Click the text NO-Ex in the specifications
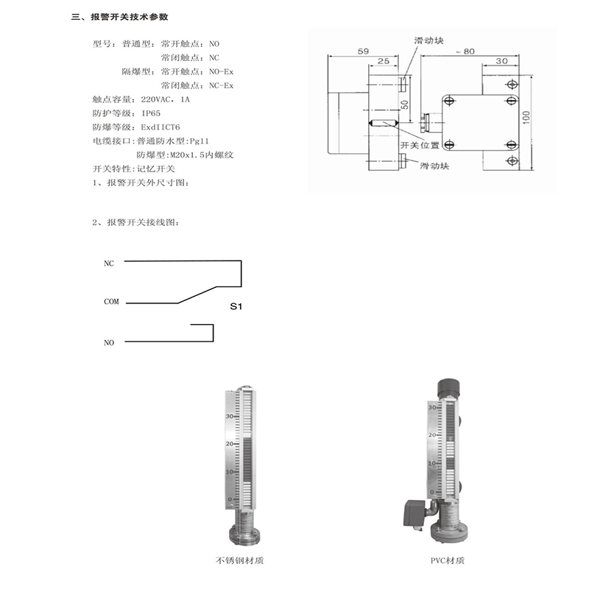tap(222, 71)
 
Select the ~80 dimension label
tap(464, 51)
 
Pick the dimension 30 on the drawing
tap(501, 62)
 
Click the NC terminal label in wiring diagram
tap(109, 262)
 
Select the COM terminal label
tap(111, 302)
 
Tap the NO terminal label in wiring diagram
tap(109, 342)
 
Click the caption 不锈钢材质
tap(240, 560)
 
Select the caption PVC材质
tap(448, 560)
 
